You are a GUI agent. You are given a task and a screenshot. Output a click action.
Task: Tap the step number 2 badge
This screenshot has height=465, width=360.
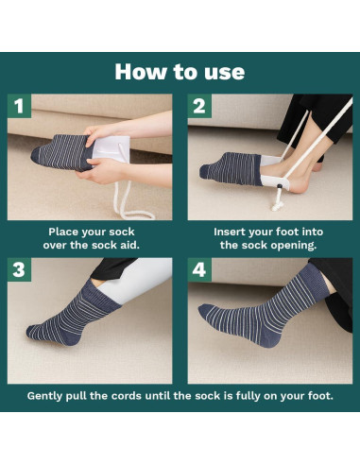point(199,106)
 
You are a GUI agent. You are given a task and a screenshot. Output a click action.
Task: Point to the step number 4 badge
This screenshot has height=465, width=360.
point(199,270)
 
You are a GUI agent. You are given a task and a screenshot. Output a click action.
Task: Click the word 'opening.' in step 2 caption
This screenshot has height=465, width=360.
point(297,245)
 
